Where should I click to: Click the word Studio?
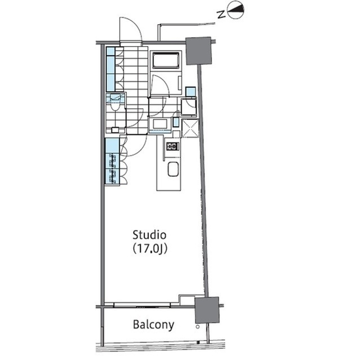pyautogui.click(x=149, y=235)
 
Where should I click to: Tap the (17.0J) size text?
pyautogui.click(x=149, y=248)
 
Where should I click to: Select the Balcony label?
pyautogui.click(x=153, y=325)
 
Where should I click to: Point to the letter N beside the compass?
pyautogui.click(x=222, y=14)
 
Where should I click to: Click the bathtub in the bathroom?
pyautogui.click(x=166, y=60)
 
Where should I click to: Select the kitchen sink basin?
pyautogui.click(x=173, y=169)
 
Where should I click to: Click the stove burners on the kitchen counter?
pyautogui.click(x=173, y=146)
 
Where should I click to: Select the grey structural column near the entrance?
pyautogui.click(x=199, y=51)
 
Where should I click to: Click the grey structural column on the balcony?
pyautogui.click(x=207, y=310)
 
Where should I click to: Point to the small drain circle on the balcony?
pyautogui.click(x=197, y=326)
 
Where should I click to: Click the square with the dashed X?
pyautogui.click(x=191, y=128)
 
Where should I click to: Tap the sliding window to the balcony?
pyautogui.click(x=142, y=305)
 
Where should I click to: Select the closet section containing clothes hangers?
pyautogui.click(x=112, y=169)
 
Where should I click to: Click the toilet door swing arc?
pyautogui.click(x=134, y=118)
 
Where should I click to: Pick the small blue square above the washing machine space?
pyautogui.click(x=191, y=92)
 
